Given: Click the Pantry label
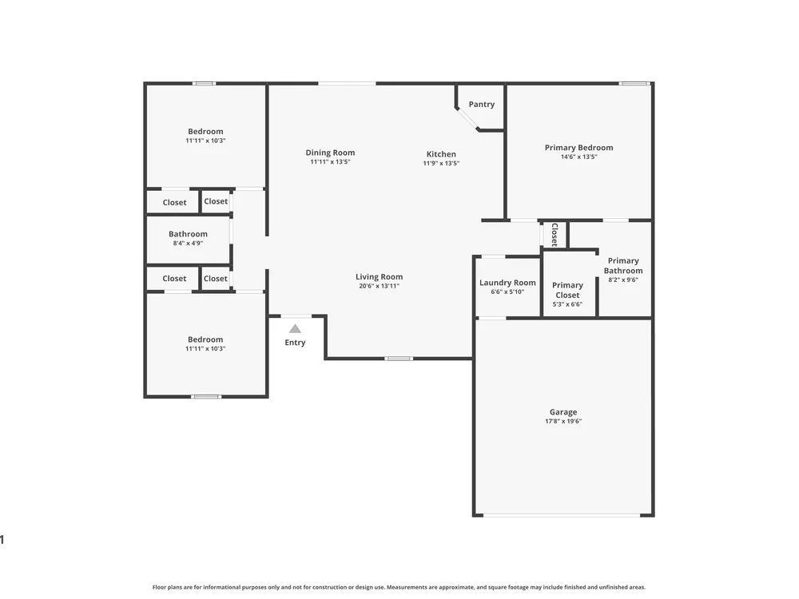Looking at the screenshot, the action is (x=482, y=105).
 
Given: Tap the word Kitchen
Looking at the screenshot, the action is (x=441, y=154).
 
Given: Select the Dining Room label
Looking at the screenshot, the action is (x=330, y=153).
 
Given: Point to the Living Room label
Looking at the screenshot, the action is (x=379, y=277).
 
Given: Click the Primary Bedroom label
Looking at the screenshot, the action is (x=578, y=148).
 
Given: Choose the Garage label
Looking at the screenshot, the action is (x=563, y=412).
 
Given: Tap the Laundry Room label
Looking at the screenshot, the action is (x=507, y=283).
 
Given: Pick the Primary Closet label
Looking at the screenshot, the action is (x=567, y=291).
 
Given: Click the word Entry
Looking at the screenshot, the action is (x=295, y=343).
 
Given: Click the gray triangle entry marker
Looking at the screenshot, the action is (x=295, y=329).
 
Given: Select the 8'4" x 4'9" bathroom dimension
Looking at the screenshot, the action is (x=188, y=244).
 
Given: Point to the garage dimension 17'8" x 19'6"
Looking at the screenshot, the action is (x=563, y=421).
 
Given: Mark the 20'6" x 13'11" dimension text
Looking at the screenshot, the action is (x=379, y=286).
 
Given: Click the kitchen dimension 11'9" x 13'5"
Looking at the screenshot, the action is (x=441, y=164).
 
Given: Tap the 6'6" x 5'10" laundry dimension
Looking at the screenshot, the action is (x=507, y=292).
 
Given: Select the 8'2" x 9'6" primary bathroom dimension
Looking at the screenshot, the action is (x=623, y=280).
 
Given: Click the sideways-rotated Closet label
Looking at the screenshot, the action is (x=555, y=234).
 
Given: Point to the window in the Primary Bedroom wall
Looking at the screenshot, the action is (x=634, y=84).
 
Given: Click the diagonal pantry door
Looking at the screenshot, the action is (x=467, y=119).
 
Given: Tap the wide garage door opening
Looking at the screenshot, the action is (x=562, y=515).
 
